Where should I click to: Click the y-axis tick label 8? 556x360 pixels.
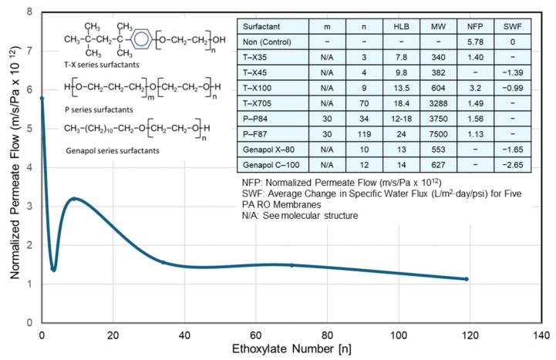(x=29, y=12)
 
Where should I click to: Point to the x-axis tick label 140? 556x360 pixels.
(x=541, y=335)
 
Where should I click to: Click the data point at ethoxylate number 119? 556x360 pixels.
(x=467, y=279)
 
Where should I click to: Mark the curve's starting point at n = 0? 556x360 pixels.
(x=42, y=99)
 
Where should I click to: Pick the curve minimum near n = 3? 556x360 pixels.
(x=53, y=269)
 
